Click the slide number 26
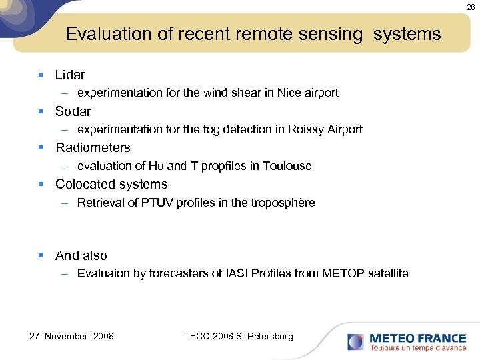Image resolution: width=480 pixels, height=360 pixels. tap(471, 7)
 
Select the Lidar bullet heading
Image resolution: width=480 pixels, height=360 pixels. tap(70, 75)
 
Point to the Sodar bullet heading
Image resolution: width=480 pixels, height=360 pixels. tap(73, 111)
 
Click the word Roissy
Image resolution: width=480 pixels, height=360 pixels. tap(305, 129)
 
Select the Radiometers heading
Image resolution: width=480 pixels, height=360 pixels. tap(93, 147)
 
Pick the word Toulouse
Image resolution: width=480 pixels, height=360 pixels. tap(287, 166)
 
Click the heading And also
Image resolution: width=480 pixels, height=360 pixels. tap(81, 255)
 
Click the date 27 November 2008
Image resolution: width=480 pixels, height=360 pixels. tap(71, 336)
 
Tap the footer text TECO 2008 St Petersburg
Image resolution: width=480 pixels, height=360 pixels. tap(238, 336)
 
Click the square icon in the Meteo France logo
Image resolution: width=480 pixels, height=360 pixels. tap(355, 343)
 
